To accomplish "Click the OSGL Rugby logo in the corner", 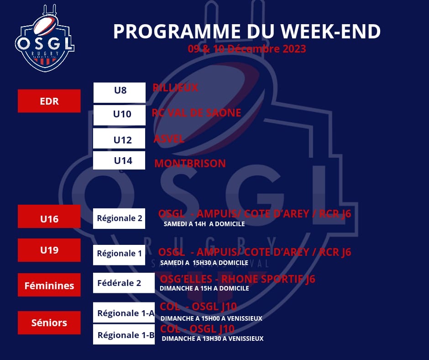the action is (45, 38).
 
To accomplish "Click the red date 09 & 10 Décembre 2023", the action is (247, 49).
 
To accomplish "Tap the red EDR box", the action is (49, 101).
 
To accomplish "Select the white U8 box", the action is (119, 93).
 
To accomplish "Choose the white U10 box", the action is (119, 115).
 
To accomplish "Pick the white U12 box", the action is (119, 138).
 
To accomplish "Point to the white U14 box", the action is (119, 160).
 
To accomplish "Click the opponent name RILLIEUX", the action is (175, 88).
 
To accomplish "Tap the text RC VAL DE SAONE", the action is (196, 112).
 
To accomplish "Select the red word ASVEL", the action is (169, 139).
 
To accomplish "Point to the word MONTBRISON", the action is (190, 163).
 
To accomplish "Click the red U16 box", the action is (49, 217).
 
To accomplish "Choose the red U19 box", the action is (49, 250).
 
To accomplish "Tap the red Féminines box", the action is (49, 285).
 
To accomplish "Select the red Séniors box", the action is (49, 323).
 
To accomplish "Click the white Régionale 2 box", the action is (119, 219).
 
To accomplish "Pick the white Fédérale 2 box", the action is (124, 283).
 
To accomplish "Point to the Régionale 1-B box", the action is (124, 334).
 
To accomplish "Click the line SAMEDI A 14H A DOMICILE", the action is (204, 224).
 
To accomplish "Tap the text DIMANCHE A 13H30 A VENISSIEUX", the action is (213, 339).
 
